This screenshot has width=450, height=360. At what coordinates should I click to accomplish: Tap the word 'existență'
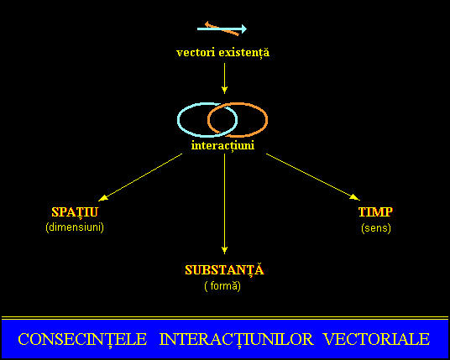pos(244,54)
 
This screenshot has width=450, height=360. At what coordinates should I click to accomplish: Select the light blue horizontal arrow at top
pos(222,29)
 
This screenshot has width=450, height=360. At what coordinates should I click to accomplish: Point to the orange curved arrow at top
pos(222,29)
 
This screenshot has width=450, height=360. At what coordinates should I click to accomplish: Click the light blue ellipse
pos(178,120)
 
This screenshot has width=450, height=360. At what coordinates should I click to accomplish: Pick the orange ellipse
pos(267,120)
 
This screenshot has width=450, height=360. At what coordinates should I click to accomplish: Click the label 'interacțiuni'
pos(223,146)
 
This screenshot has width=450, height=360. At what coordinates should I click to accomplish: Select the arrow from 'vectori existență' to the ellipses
pos(224,78)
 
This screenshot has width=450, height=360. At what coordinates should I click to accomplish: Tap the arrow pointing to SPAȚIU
pos(140,177)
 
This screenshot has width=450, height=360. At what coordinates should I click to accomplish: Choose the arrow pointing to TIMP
pos(313,177)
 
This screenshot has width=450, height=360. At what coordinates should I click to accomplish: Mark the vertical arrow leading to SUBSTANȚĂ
pos(224,204)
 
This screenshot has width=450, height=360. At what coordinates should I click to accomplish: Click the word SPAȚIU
pos(75,212)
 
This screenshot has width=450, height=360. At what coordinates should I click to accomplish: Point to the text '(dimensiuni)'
pos(75,227)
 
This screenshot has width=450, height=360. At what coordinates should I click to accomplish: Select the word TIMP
pos(375,212)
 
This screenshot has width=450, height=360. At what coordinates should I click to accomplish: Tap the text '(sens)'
pos(376,228)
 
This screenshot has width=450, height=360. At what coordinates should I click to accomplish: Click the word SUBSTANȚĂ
pos(224,269)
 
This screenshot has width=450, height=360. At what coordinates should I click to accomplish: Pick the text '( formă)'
pos(222,286)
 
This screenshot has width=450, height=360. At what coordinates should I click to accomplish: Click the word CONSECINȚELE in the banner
pos(82,339)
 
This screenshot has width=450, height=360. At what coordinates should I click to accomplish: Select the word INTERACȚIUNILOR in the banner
pos(236,339)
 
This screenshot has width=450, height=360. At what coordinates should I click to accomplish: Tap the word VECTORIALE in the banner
pos(376,339)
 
